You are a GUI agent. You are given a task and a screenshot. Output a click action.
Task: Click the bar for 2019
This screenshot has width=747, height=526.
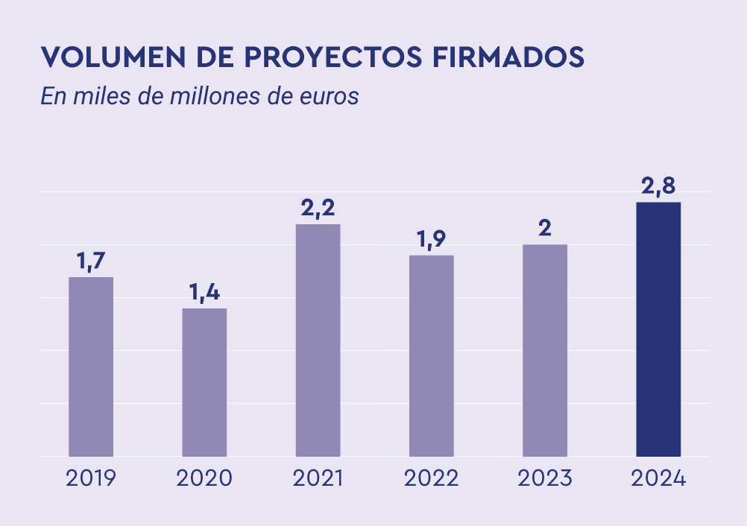point(91,367)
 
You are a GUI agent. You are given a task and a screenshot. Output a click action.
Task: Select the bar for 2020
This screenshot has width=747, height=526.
point(204,382)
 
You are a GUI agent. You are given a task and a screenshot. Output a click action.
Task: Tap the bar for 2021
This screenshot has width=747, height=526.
point(318,340)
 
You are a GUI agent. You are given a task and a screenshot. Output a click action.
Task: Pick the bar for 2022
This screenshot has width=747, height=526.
point(431,355)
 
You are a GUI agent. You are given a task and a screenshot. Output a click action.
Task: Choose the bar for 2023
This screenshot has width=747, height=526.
point(544,350)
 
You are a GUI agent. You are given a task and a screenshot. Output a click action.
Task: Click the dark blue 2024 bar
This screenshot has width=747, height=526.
point(658,329)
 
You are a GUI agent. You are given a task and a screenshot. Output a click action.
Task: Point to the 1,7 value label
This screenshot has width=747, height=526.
point(91,262)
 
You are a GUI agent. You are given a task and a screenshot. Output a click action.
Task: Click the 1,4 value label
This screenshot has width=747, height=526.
point(204,293)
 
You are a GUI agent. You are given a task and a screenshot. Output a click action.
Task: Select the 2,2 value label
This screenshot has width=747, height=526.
point(318,209)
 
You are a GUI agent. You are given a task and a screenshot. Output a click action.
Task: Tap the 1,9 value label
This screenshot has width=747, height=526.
point(431,240)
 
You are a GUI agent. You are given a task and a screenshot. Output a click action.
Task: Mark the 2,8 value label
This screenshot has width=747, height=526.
point(658,187)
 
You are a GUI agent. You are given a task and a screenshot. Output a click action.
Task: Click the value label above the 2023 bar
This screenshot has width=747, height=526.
point(544,229)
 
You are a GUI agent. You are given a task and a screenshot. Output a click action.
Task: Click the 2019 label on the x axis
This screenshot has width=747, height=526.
point(91,478)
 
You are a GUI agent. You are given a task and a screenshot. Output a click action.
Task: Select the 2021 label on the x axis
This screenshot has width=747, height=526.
point(318,478)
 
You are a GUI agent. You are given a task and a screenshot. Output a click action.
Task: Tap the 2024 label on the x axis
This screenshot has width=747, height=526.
point(658,478)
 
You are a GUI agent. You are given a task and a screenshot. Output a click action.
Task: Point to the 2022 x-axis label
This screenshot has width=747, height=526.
point(431,478)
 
